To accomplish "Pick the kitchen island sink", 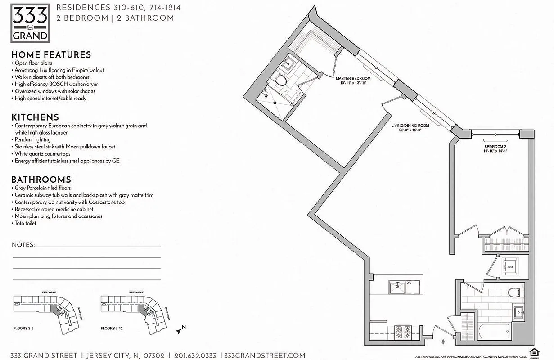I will pos(397,287).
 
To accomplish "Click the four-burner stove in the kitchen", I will pos(402,332).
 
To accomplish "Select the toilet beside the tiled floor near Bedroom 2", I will pos(514,293).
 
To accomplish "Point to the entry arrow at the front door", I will pos(443,342).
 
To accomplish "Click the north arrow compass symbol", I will pos(181,330).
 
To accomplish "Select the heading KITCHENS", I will pos(35,117).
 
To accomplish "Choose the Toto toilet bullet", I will pos(25,223).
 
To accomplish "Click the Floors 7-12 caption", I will pos(112,328).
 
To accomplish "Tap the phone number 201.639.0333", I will pos(195,355).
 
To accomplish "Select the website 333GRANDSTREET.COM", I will pos(265,355).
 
